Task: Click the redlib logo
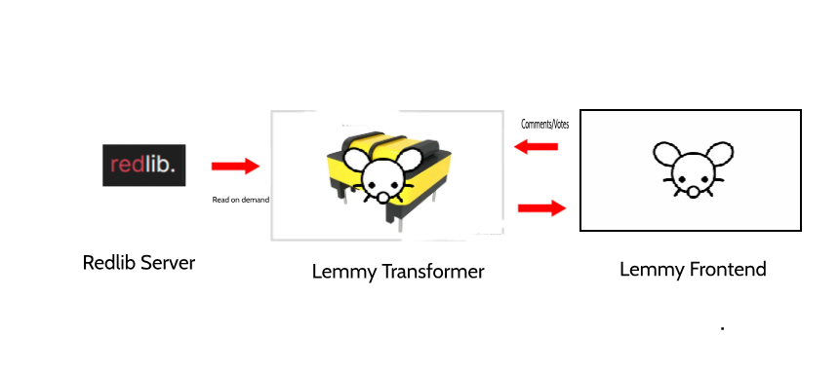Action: (x=144, y=166)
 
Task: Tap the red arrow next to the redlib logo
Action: (x=236, y=166)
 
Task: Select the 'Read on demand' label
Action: (x=241, y=200)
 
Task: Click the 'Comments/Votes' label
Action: (x=544, y=125)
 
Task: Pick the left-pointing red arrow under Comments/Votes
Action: (x=536, y=146)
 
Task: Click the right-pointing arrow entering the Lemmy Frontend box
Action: (x=541, y=208)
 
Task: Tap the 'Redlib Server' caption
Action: (x=139, y=263)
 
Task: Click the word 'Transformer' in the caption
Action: (x=432, y=272)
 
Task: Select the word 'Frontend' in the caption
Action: (x=728, y=269)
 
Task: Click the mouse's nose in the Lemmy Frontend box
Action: (x=693, y=192)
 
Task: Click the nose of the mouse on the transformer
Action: (x=383, y=198)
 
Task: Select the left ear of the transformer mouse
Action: (x=356, y=160)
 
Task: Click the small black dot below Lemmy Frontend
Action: (x=723, y=328)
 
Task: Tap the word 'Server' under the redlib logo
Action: (x=167, y=263)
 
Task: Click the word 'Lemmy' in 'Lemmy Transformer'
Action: (x=344, y=273)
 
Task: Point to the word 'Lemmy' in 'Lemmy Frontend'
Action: (x=652, y=269)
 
